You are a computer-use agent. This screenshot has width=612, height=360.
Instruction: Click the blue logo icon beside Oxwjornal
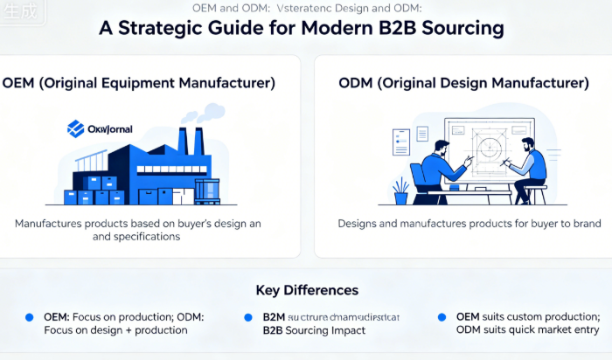point(75,129)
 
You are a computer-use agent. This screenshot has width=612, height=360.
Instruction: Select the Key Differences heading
point(306,290)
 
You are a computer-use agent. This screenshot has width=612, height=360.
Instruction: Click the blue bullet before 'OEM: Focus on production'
point(29,316)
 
